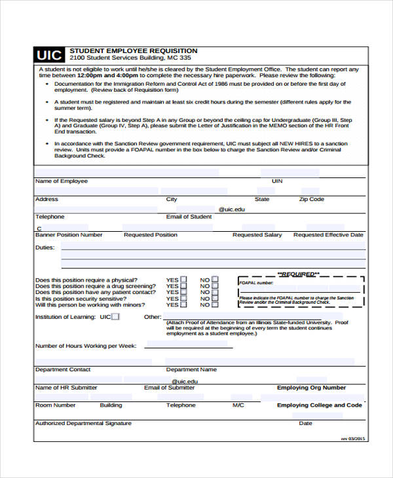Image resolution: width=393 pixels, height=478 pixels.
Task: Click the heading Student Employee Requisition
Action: pyautogui.click(x=133, y=50)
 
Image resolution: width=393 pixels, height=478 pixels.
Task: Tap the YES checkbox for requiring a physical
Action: pyautogui.click(x=183, y=280)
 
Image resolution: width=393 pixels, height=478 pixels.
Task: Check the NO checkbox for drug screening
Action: pyautogui.click(x=215, y=286)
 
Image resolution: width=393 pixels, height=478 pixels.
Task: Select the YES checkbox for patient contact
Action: pyautogui.click(x=183, y=292)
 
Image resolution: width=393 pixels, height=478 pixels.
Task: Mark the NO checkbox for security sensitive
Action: pyautogui.click(x=215, y=299)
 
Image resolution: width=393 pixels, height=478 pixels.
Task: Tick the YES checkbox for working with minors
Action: pyautogui.click(x=183, y=304)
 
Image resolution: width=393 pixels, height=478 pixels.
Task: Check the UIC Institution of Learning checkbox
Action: pyautogui.click(x=115, y=317)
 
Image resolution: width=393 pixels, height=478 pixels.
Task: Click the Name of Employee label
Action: pyautogui.click(x=61, y=181)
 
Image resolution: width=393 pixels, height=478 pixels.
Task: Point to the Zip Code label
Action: pyautogui.click(x=312, y=199)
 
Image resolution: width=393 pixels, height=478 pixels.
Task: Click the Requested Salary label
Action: pyautogui.click(x=257, y=234)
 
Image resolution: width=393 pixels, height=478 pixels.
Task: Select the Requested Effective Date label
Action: pyautogui.click(x=328, y=234)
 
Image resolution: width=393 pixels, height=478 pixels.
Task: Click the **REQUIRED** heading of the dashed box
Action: pyautogui.click(x=299, y=274)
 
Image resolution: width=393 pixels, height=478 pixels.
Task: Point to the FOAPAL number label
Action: pyautogui.click(x=257, y=283)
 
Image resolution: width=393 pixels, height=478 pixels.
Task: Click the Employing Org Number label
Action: pyautogui.click(x=311, y=388)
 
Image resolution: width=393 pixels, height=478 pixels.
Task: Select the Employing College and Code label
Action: pyautogui.click(x=319, y=405)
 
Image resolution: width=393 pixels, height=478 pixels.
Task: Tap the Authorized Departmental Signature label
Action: pyautogui.click(x=83, y=423)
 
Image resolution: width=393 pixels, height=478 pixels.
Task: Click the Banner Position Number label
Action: pyautogui.click(x=69, y=234)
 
